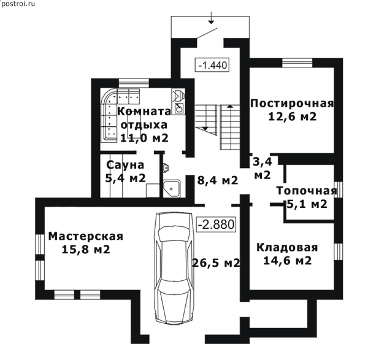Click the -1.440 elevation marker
coord(212,64)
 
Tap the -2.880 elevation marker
coord(216,224)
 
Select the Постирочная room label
coord(292,104)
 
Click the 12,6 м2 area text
coord(292,117)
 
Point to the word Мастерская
coord(86,236)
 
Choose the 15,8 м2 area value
coord(86,249)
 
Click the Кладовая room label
coord(287,248)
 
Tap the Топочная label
coord(307,191)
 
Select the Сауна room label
coord(125,165)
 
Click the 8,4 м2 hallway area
coord(218,180)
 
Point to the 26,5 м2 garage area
coord(216,262)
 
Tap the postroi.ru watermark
coord(18,4)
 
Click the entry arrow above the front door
coord(212,18)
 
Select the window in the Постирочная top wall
coord(297,63)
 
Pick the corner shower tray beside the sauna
coord(172,188)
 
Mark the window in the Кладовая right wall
coord(338,251)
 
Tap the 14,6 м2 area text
coord(287,261)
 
